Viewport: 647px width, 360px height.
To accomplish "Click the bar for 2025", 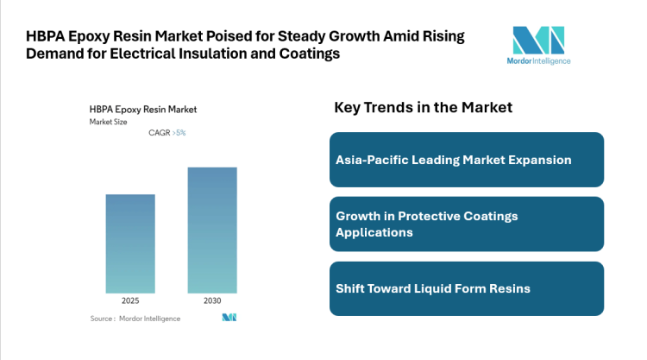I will pyautogui.click(x=130, y=243).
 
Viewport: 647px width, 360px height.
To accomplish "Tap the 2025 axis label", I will pyautogui.click(x=130, y=300).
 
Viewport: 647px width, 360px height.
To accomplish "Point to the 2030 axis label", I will pyautogui.click(x=212, y=300).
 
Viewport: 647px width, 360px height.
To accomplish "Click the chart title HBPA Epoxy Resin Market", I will pyautogui.click(x=143, y=110).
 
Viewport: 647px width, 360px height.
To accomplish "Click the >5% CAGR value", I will pyautogui.click(x=179, y=133).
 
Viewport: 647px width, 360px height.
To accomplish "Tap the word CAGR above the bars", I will pyautogui.click(x=160, y=133).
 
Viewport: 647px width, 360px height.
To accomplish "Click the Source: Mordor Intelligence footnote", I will pyautogui.click(x=135, y=319).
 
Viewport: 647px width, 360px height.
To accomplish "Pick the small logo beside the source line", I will pyautogui.click(x=229, y=319).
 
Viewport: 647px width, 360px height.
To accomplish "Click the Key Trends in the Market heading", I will pyautogui.click(x=423, y=107).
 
